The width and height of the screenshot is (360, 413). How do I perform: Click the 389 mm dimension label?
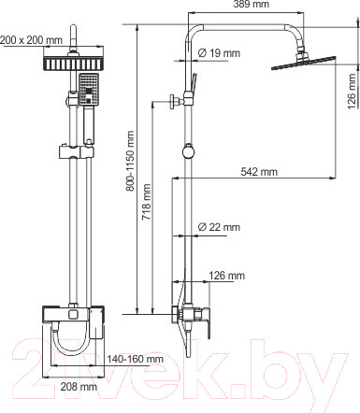coord(252,4)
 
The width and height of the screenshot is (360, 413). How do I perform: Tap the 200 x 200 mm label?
coord(31,40)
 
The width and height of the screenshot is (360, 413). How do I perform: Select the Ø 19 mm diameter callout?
coord(219,53)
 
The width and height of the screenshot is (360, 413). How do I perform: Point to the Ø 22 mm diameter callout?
coord(219,227)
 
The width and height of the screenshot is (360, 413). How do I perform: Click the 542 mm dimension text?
coord(259,172)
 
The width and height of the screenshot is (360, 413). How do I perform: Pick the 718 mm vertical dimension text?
coord(147,202)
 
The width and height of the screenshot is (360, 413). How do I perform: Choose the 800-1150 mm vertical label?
coord(130,161)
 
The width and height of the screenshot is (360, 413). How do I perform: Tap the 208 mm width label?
coord(79,387)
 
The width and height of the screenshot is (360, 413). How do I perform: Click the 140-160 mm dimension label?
coord(136,359)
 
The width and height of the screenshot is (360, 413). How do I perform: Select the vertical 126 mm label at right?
coord(352,92)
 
